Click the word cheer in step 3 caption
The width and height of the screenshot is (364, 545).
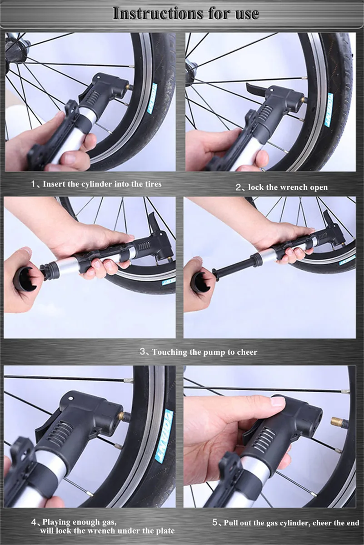(247, 352)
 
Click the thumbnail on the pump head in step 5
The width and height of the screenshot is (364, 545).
(278, 401)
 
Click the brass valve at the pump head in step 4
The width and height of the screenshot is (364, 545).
(123, 416)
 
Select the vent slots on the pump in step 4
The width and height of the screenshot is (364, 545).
(60, 434)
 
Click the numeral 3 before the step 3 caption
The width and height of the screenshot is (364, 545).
(142, 351)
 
